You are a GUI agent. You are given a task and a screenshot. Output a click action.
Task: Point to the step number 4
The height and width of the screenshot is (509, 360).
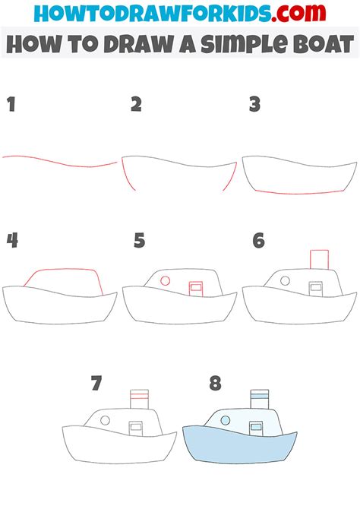(12, 241)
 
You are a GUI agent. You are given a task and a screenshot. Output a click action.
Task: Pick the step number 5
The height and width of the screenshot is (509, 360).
(139, 241)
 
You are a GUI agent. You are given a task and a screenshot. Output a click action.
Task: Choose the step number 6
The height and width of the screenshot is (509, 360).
(258, 241)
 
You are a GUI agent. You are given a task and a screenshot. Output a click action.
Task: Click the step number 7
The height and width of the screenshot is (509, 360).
(96, 383)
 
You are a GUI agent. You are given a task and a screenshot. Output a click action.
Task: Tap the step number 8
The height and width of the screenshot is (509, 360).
(215, 383)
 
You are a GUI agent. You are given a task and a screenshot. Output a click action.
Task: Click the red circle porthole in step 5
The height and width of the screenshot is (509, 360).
(164, 281)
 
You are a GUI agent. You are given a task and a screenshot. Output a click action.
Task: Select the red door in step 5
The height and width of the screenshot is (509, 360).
(196, 288)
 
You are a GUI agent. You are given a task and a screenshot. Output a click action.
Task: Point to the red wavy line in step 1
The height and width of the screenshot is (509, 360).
(57, 161)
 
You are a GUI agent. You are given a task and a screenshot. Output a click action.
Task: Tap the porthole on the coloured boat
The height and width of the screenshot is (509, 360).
(226, 419)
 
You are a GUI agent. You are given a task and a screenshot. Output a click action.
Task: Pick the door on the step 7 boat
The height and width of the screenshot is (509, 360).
(137, 428)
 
